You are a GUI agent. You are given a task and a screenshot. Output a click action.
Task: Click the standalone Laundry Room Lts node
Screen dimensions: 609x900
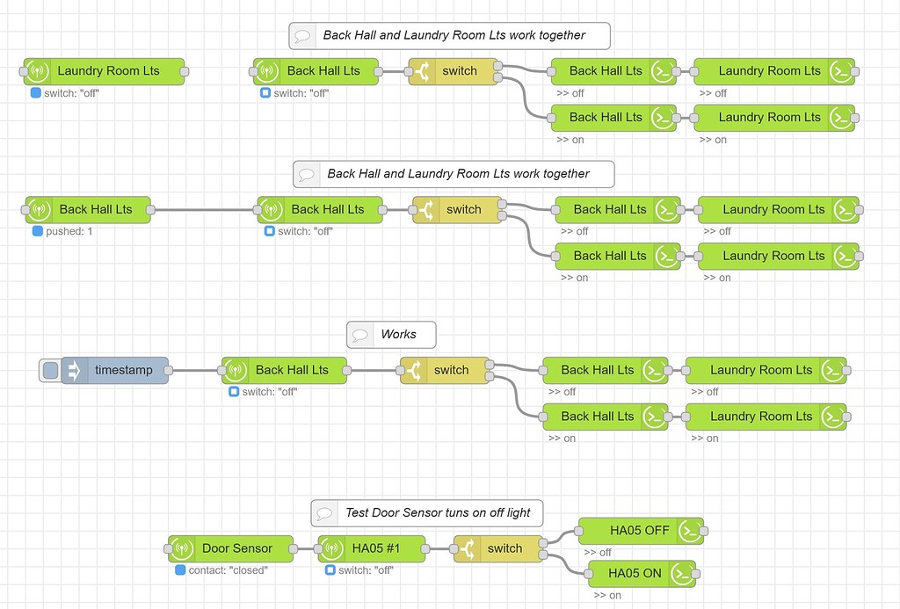[108, 71]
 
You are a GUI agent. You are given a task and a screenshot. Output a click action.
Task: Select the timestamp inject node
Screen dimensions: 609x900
[123, 370]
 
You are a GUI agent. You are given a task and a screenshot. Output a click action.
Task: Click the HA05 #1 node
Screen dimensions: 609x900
[376, 548]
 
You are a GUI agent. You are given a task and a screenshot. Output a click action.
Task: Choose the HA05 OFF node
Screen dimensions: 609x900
[639, 531]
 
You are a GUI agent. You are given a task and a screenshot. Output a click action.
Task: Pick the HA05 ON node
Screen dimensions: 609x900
[635, 573]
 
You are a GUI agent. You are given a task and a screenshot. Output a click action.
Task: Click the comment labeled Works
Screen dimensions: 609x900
[397, 335]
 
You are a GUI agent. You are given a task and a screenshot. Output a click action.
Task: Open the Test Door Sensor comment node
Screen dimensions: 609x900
[437, 512]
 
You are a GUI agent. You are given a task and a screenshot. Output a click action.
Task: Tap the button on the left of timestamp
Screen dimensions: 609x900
[50, 370]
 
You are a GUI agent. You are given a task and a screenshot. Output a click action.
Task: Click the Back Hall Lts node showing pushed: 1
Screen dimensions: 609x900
[95, 209]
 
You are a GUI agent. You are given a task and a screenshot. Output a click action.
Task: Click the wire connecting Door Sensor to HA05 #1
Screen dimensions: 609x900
[306, 548]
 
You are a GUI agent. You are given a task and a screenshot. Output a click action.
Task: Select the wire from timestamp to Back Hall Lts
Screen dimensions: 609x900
[194, 370]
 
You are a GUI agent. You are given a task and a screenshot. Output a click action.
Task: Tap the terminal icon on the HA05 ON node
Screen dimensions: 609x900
[681, 573]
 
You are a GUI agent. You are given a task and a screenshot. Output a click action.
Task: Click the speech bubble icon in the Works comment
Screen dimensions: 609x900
[359, 335]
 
